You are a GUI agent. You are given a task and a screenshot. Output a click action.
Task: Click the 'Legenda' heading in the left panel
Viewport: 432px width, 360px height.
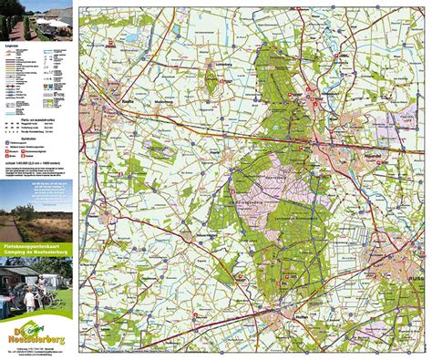[x=11, y=43]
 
